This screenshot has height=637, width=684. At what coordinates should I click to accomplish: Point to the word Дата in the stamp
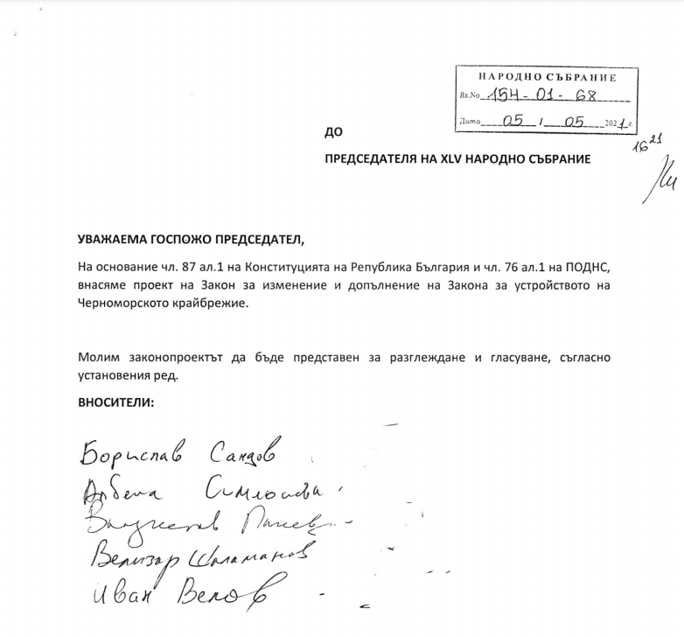470,124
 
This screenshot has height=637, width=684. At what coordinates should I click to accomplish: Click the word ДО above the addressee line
332,133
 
